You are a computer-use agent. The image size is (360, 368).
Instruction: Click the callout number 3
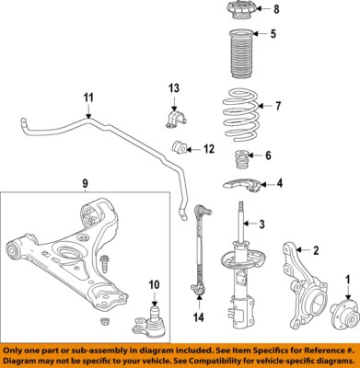tap(261, 224)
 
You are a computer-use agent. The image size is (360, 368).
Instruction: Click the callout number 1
tap(349, 279)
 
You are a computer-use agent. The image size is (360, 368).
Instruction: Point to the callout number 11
tap(88, 98)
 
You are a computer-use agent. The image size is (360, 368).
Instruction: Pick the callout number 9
tap(85, 184)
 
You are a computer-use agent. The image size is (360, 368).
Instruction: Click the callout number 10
tap(154, 283)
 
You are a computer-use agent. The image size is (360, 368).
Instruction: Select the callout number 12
tap(209, 148)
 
